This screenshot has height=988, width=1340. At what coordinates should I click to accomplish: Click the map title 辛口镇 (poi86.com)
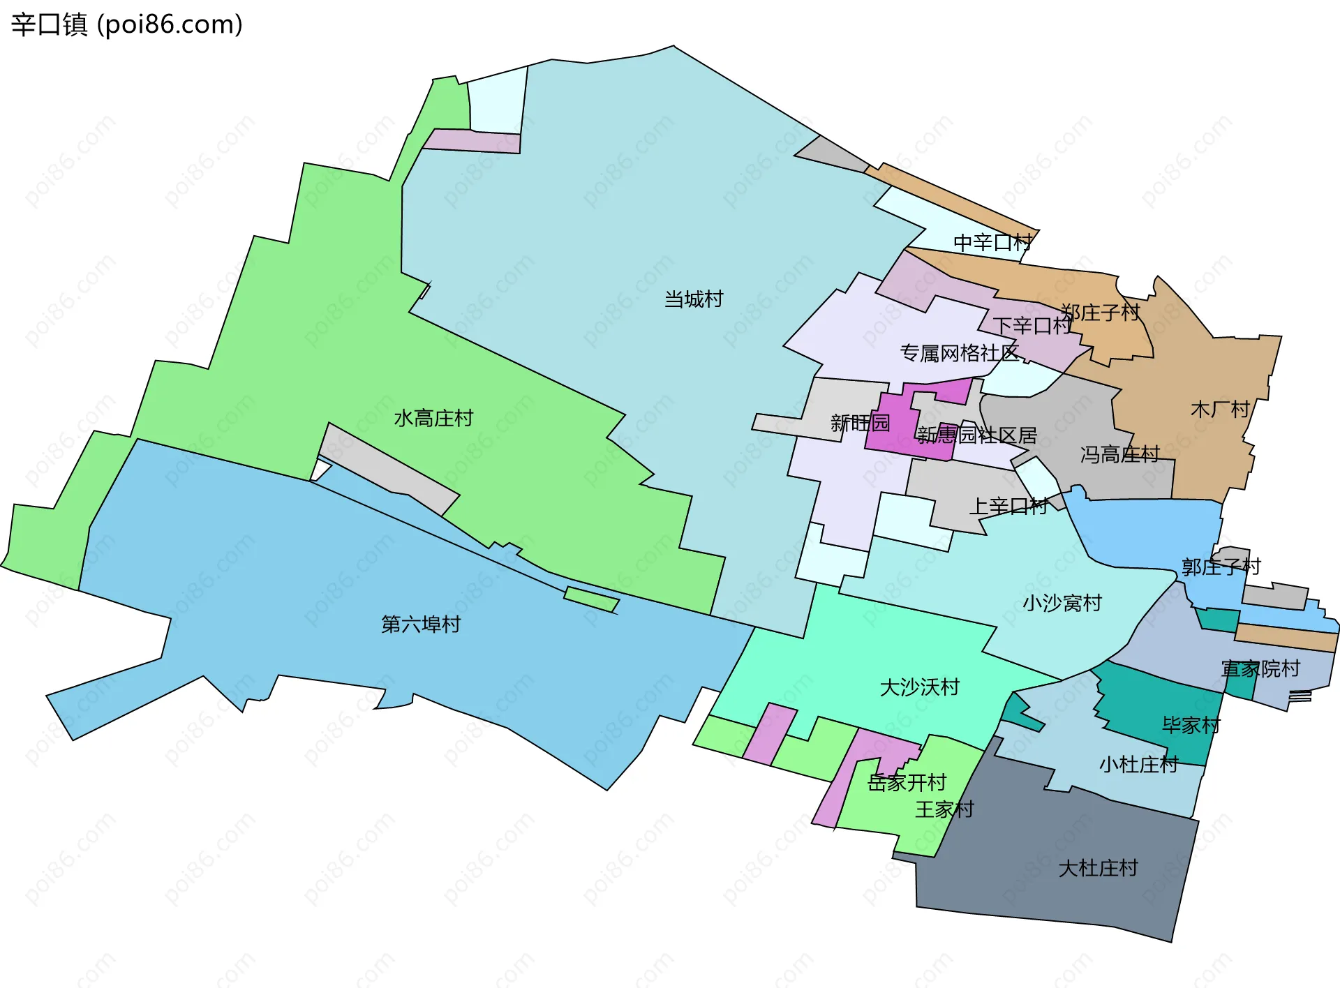click(126, 24)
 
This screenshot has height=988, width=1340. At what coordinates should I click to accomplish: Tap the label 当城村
click(693, 299)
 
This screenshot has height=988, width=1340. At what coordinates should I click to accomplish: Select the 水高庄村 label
click(433, 418)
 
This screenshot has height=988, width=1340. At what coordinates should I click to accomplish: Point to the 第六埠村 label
click(420, 624)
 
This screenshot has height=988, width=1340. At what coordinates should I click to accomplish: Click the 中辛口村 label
click(992, 243)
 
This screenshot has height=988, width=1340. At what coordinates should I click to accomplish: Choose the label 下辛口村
click(1032, 326)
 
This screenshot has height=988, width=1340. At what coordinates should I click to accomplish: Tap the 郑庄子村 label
click(1100, 313)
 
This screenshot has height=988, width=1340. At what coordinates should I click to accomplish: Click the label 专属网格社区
click(959, 353)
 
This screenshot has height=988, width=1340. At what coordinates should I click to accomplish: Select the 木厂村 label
click(1220, 409)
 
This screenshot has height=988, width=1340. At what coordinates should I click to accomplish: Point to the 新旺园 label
click(860, 423)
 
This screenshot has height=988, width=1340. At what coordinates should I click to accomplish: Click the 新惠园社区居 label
click(976, 435)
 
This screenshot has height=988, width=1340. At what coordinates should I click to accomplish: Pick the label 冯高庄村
click(1119, 455)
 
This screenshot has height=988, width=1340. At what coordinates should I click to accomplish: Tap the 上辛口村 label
click(1008, 507)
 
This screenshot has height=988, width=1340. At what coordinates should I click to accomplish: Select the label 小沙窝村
click(1062, 603)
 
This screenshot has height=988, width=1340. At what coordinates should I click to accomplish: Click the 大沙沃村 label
click(919, 687)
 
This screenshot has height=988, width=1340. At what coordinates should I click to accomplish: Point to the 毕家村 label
click(1191, 725)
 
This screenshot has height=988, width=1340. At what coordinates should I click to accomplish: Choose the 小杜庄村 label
click(1138, 765)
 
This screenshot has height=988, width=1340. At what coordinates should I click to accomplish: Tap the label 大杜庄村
click(1098, 868)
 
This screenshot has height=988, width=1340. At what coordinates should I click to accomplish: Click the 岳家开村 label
click(906, 783)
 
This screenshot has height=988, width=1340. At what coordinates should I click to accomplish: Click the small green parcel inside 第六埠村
click(591, 599)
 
